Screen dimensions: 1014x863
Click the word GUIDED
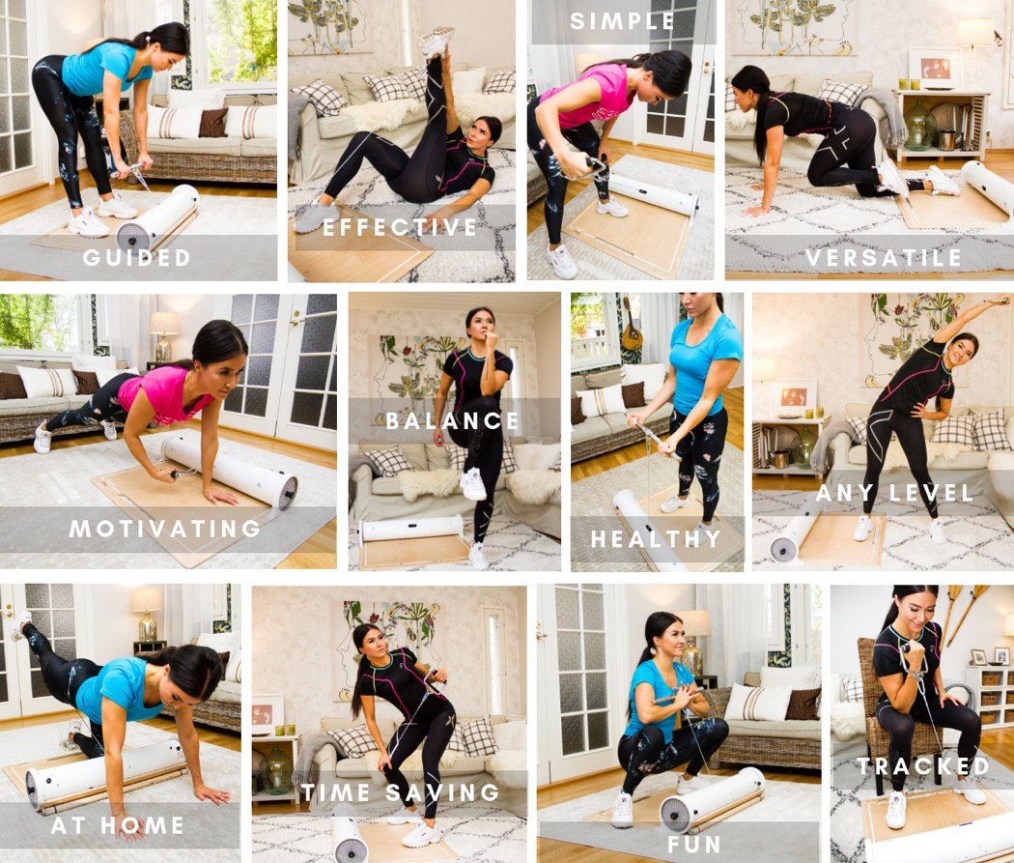coord(136,257)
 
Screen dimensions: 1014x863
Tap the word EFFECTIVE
coord(401,227)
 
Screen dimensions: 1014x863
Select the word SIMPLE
coord(622,20)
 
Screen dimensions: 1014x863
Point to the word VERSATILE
coord(884,257)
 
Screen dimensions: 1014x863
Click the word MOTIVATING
coord(165,529)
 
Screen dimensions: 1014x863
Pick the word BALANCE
coord(453,421)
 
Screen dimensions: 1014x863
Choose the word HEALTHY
coord(656,539)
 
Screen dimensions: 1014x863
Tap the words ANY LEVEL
coord(895,493)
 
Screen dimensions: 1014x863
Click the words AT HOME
coord(118,825)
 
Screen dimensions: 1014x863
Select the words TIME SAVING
coord(401,792)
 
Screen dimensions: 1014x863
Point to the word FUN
coord(694,845)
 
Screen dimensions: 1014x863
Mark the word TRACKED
coord(923,766)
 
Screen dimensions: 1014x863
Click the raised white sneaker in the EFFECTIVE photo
coord(436,42)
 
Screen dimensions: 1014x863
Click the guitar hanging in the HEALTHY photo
coord(630,326)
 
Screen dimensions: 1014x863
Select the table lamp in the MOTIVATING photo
coord(163,336)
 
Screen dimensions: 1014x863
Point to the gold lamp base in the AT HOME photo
coord(148,627)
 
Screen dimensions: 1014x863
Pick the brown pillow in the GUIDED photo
coord(212,123)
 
